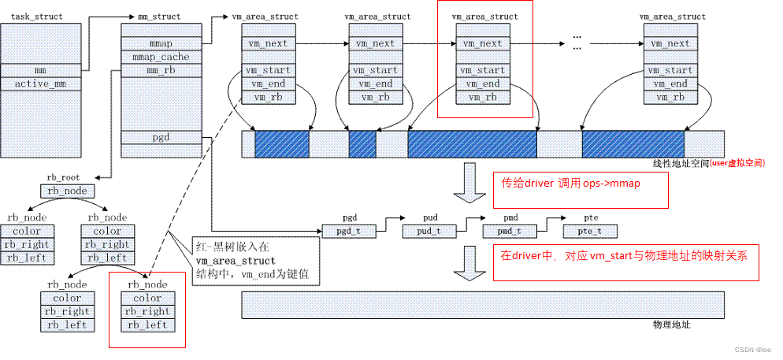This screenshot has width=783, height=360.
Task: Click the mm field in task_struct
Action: (x=40, y=70)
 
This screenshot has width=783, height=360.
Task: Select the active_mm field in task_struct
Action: (x=40, y=84)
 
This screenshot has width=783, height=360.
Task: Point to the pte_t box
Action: (x=590, y=231)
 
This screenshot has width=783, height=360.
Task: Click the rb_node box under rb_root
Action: (x=67, y=191)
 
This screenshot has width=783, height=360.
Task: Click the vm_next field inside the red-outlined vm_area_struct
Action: (x=483, y=44)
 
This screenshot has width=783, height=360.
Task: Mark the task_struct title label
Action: (x=37, y=16)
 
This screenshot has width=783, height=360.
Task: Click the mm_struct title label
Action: (x=155, y=16)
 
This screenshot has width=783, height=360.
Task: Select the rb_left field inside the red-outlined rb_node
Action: (x=147, y=325)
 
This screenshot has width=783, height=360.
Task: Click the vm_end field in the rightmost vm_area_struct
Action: (x=671, y=84)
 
